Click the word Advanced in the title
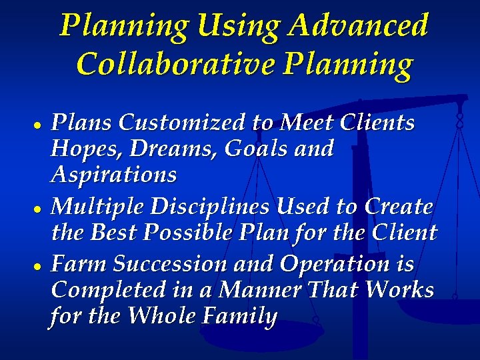pos(359,26)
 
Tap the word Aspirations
pos(113,175)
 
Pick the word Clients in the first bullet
pos(377,123)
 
